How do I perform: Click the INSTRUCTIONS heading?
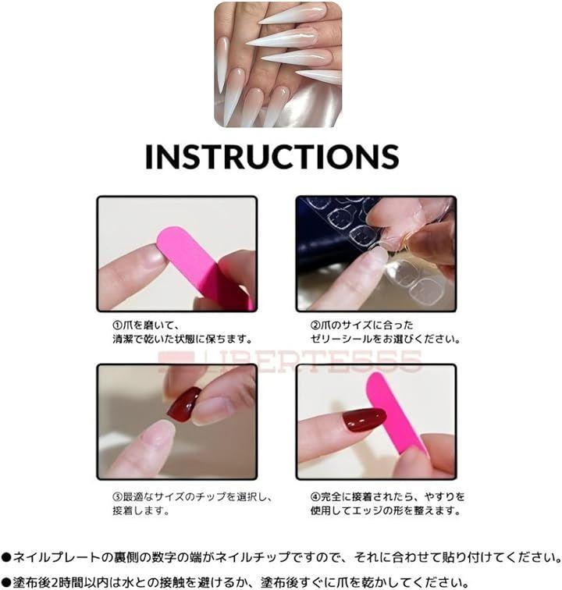pyautogui.click(x=272, y=157)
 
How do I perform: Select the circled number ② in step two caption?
pyautogui.click(x=315, y=325)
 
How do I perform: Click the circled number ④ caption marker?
pyautogui.click(x=315, y=496)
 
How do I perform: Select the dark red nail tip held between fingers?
pyautogui.click(x=184, y=405)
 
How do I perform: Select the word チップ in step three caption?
pyautogui.click(x=210, y=496)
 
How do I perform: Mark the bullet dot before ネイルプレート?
pyautogui.click(x=6, y=557)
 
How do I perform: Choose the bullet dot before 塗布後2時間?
pyautogui.click(x=6, y=582)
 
